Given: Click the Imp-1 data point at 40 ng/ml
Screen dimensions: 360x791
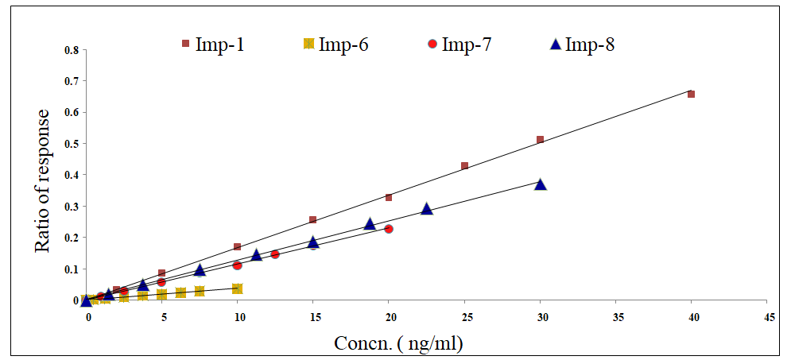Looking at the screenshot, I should [x=692, y=94].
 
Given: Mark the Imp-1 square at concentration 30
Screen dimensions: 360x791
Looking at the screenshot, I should [x=541, y=140].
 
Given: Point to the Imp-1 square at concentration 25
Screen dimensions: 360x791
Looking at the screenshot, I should [x=464, y=166].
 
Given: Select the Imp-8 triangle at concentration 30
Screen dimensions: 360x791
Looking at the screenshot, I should [x=541, y=184].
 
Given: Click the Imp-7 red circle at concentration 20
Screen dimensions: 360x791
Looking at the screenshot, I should [x=389, y=229].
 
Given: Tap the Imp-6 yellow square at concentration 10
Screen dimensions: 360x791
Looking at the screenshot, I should [x=237, y=288].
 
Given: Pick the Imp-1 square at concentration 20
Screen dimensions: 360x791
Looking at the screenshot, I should [x=389, y=197].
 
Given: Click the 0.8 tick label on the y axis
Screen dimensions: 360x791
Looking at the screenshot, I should [x=72, y=50].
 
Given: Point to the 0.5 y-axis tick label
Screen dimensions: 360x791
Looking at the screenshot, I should [x=72, y=144].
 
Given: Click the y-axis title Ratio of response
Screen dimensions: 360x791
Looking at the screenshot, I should [x=43, y=180].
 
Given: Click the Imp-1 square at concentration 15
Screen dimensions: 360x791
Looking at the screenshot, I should [x=312, y=219].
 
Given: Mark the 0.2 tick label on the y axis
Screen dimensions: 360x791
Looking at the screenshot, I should [x=72, y=238].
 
